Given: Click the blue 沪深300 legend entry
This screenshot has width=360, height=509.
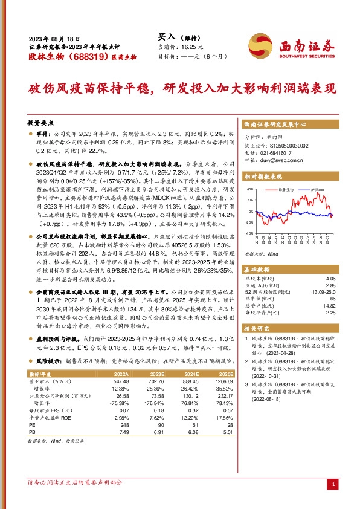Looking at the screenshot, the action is (x=317, y=190).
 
